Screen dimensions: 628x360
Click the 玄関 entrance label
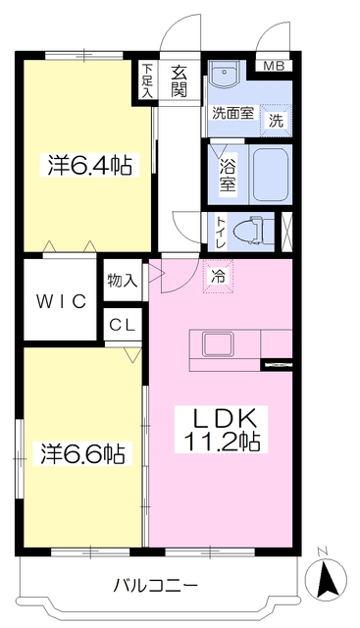[180, 80]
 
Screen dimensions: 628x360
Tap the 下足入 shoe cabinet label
[146, 81]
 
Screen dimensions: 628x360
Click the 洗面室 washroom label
[232, 113]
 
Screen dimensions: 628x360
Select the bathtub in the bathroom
[268, 174]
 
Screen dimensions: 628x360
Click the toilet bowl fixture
[257, 228]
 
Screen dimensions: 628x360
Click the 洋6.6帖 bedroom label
[82, 454]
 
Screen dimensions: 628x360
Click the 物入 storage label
[123, 281]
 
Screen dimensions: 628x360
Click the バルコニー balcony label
[155, 586]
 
